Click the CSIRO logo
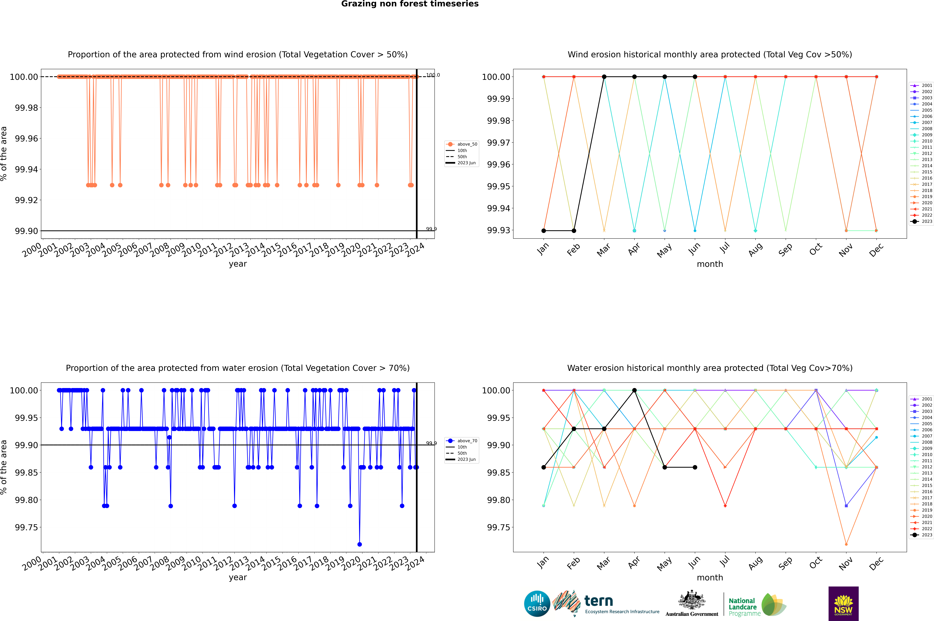tap(537, 604)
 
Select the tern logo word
tap(599, 601)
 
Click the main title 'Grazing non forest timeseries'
tap(410, 4)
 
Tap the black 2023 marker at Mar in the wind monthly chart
tap(604, 77)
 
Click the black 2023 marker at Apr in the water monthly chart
tap(634, 391)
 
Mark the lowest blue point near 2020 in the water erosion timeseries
tap(360, 544)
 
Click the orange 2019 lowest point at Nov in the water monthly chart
tap(846, 544)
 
